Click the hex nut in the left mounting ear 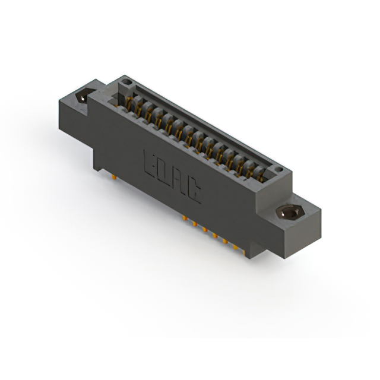pos(84,95)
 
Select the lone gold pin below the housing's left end pos(112,176)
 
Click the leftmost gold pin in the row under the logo pos(185,219)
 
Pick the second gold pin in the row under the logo pos(194,224)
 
